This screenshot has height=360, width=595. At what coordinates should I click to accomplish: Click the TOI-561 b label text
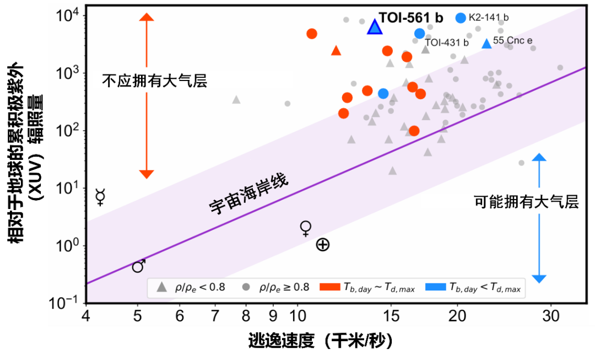click(411, 18)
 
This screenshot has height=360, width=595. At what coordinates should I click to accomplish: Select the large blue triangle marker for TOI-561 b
click(375, 27)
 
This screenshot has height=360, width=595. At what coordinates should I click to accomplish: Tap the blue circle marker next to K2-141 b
click(461, 18)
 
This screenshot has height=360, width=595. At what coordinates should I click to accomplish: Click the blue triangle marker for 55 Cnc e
click(486, 44)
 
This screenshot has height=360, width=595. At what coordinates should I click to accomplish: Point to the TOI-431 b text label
click(447, 42)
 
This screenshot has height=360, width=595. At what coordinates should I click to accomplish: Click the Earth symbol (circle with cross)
click(323, 245)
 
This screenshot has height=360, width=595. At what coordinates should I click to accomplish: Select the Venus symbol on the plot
click(306, 228)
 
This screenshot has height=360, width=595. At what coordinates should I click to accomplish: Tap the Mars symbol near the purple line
click(139, 266)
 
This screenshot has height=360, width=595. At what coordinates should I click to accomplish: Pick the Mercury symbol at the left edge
click(100, 197)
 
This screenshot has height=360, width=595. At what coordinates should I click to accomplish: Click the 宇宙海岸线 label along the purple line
click(248, 195)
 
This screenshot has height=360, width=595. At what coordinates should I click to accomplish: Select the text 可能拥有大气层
click(526, 202)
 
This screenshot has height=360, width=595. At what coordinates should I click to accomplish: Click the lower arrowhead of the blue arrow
click(539, 278)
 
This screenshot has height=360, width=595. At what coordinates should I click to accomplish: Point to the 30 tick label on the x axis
click(551, 316)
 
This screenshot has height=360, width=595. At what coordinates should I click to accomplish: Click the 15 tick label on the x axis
click(391, 316)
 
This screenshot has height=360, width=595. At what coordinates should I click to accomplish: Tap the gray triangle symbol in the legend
click(161, 287)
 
